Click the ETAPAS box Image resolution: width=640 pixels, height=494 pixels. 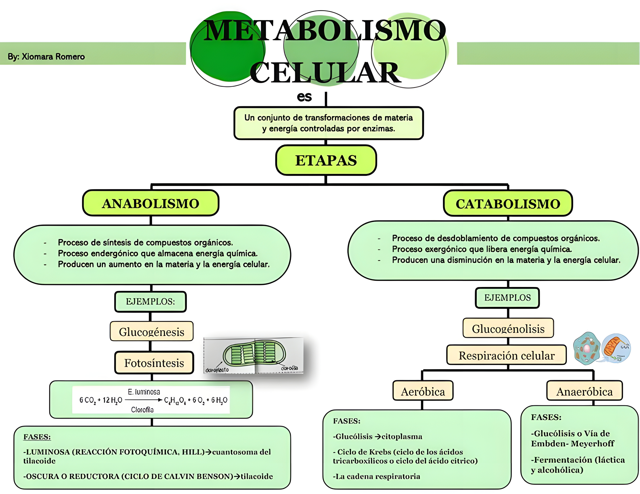click(x=326, y=160)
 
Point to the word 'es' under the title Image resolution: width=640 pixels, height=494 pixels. click(x=304, y=97)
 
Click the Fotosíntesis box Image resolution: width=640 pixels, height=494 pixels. click(x=154, y=363)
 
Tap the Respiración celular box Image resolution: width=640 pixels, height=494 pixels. click(x=506, y=355)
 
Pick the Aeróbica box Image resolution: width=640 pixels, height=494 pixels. click(x=423, y=391)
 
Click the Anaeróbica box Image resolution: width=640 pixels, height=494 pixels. click(x=584, y=391)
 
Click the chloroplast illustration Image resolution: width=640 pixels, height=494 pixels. click(x=254, y=355)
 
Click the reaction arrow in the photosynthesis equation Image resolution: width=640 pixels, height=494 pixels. click(x=144, y=400)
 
